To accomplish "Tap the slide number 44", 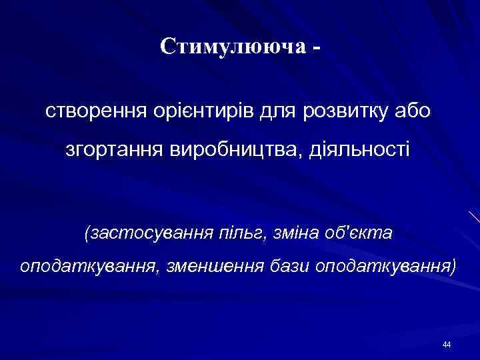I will (446, 344).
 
